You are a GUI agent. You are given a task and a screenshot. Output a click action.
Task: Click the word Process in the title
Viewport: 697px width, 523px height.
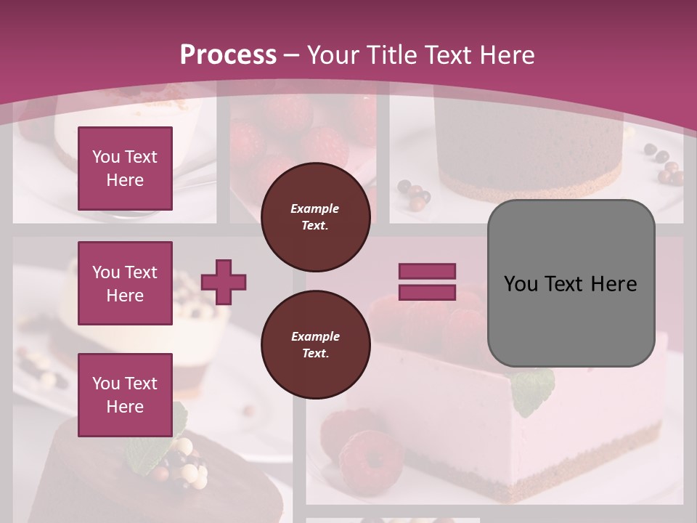(228, 54)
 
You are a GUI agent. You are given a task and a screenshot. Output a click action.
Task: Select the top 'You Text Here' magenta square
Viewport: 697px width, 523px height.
(125, 169)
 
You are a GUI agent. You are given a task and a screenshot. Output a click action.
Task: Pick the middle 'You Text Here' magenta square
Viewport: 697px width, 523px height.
(125, 283)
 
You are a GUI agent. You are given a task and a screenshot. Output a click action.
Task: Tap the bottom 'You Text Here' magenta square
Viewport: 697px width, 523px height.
(125, 395)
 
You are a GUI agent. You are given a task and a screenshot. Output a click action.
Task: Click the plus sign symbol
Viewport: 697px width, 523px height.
(224, 282)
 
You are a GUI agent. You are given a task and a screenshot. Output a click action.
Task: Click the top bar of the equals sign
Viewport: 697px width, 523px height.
(427, 271)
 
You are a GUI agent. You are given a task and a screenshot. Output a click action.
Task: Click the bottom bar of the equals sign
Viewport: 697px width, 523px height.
(427, 293)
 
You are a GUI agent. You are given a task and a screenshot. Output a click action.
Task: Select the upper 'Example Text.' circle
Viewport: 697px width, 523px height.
(315, 217)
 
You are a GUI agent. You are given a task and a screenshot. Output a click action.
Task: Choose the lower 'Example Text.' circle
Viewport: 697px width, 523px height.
(315, 345)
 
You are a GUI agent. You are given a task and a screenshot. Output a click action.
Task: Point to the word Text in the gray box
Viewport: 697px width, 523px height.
(570, 284)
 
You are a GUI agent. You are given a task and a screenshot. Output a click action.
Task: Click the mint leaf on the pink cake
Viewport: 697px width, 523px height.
(533, 390)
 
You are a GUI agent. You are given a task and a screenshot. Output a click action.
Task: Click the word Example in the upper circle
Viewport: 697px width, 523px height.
(315, 208)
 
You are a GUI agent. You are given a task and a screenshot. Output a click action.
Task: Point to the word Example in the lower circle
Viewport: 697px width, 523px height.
(315, 336)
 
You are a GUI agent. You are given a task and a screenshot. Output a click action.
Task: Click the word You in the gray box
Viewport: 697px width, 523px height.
(521, 284)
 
